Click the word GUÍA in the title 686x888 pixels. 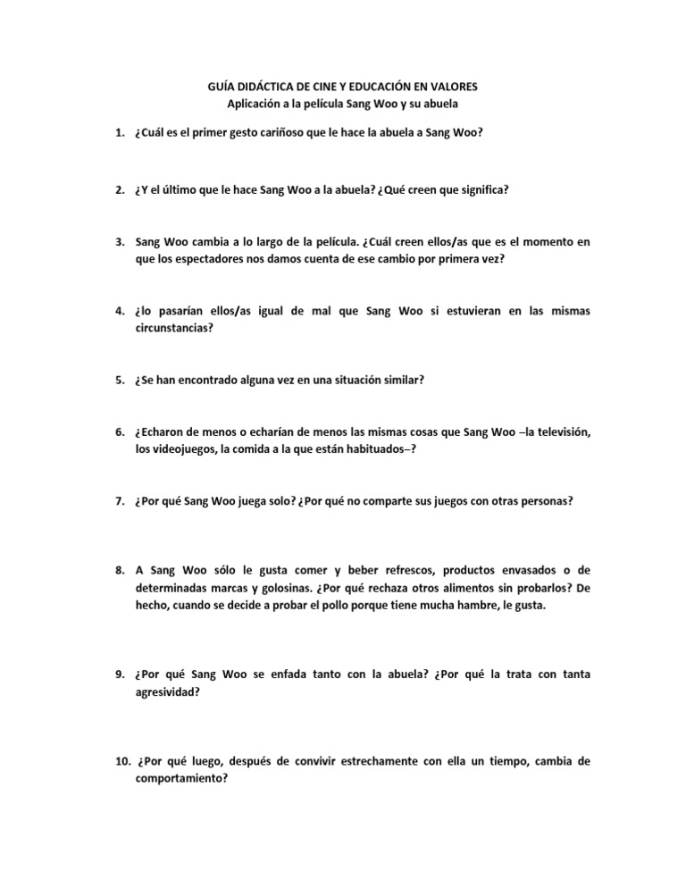coord(209,87)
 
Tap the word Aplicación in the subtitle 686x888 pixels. coord(258,105)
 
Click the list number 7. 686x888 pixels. coord(119,501)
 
